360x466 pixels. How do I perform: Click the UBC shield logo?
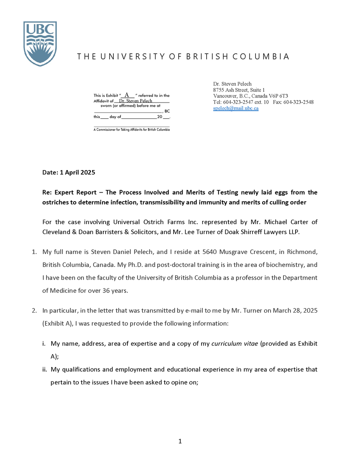pyautogui.click(x=40, y=43)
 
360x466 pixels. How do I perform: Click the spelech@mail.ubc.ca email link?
pyautogui.click(x=236, y=108)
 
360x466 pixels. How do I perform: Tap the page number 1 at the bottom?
pyautogui.click(x=180, y=441)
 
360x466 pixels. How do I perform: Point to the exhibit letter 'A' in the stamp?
pyautogui.click(x=127, y=95)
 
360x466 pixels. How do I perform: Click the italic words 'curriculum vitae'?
pyautogui.click(x=235, y=344)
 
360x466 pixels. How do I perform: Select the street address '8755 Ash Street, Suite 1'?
pyautogui.click(x=239, y=90)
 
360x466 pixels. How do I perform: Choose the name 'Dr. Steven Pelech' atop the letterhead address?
pyautogui.click(x=232, y=83)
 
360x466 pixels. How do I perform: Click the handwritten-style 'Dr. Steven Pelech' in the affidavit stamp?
pyautogui.click(x=136, y=101)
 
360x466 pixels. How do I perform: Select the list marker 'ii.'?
pyautogui.click(x=45, y=369)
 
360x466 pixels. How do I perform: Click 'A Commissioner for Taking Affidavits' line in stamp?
pyautogui.click(x=132, y=130)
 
